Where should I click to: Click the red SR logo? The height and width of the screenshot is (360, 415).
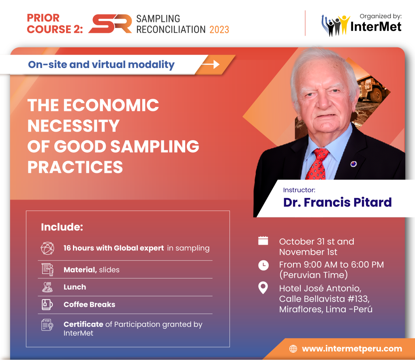[x=110, y=24]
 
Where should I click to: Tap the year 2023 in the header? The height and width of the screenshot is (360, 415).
[x=219, y=30]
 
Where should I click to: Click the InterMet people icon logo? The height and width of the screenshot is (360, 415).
[x=334, y=26]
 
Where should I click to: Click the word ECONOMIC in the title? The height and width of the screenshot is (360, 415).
[x=111, y=105]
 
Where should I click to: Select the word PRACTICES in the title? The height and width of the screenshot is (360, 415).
[x=75, y=167]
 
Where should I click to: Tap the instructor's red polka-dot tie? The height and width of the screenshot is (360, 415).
[x=317, y=164]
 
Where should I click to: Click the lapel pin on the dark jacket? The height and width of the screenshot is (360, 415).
[x=353, y=164]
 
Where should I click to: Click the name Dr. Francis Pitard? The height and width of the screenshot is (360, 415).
[x=338, y=202]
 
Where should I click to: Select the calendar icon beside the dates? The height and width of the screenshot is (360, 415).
[x=263, y=241]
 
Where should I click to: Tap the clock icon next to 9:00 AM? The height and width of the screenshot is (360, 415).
[x=263, y=265]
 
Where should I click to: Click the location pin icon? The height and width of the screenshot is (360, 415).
[x=263, y=288]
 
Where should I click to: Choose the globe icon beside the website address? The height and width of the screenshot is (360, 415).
[x=293, y=349]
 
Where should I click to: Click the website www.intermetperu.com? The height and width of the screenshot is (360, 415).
[x=352, y=349]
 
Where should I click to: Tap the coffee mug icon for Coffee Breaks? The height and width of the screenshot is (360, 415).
[x=47, y=305]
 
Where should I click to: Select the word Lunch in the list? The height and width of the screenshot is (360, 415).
[x=75, y=287]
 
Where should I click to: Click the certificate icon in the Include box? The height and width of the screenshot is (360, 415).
[x=47, y=325]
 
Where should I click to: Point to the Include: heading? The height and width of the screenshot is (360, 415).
[x=62, y=227]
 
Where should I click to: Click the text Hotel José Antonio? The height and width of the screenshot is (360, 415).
[x=320, y=288]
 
